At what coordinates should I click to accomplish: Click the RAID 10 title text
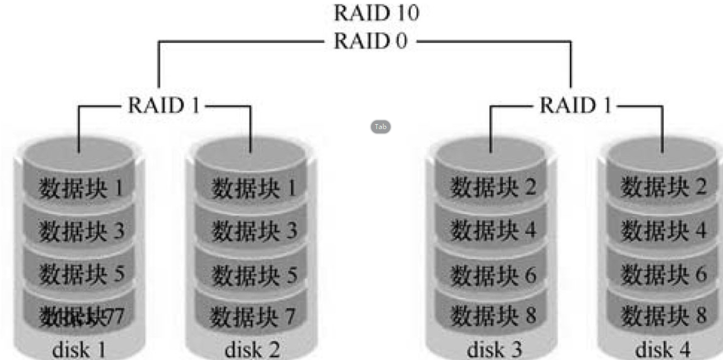(376, 13)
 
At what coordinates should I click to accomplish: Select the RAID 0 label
(370, 41)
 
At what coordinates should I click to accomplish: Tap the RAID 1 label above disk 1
(164, 105)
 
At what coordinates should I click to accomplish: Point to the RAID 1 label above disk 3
(575, 105)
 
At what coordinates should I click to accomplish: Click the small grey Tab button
(381, 127)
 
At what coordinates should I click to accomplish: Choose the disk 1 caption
(79, 350)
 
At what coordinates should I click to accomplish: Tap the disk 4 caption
(663, 350)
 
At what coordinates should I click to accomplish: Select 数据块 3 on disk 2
(254, 232)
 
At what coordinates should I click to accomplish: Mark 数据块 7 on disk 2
(253, 316)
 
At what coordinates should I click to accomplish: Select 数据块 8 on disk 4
(663, 316)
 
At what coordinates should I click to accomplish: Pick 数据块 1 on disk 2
(254, 188)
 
